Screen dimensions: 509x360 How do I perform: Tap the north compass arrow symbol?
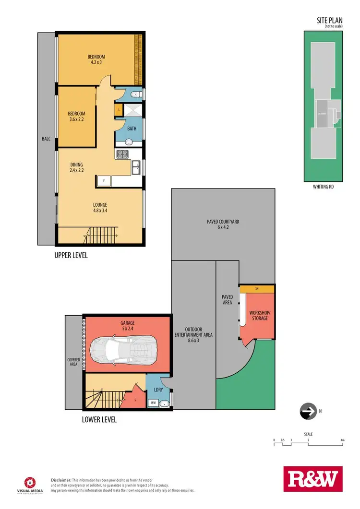click(307, 411)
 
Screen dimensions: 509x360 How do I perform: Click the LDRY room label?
click(158, 391)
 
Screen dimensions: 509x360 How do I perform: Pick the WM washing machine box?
click(154, 402)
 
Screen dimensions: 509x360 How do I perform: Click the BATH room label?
click(132, 129)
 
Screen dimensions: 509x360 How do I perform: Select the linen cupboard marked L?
click(118, 111)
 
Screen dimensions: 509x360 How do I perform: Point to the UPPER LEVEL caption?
click(71, 255)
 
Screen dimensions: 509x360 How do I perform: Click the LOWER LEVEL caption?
click(100, 419)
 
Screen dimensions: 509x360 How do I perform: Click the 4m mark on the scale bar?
click(342, 439)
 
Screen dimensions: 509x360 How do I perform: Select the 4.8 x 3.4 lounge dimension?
click(100, 210)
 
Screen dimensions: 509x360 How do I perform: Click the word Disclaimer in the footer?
click(61, 480)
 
